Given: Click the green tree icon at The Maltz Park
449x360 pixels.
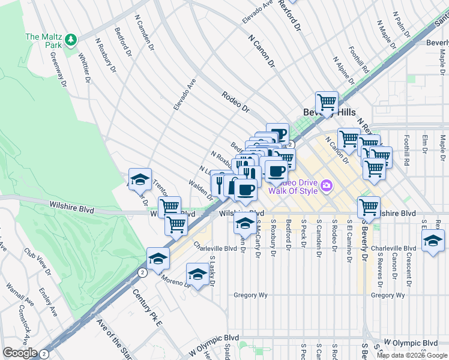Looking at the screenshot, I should pyautogui.click(x=71, y=40).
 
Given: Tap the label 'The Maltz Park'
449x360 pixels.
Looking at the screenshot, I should pyautogui.click(x=44, y=37).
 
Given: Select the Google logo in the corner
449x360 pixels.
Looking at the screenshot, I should pyautogui.click(x=20, y=353).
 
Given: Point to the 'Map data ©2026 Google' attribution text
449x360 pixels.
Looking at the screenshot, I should pyautogui.click(x=412, y=355).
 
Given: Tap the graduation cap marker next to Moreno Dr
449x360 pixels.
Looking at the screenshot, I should pyautogui.click(x=197, y=274).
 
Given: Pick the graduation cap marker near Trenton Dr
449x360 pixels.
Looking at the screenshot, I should pyautogui.click(x=140, y=179).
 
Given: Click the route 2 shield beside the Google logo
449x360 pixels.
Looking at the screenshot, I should pyautogui.click(x=44, y=353).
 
